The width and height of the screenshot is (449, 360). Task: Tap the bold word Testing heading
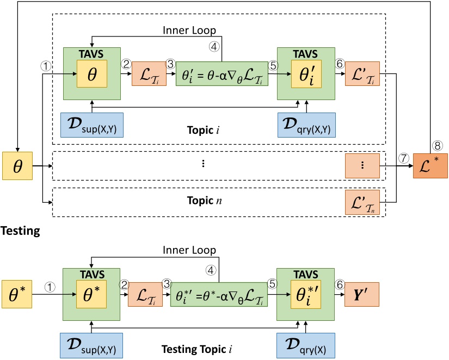(x=20, y=231)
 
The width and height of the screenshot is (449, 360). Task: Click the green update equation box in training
(x=222, y=73)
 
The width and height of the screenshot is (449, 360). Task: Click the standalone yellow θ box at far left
(x=17, y=166)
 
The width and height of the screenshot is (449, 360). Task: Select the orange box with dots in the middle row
(x=362, y=166)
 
